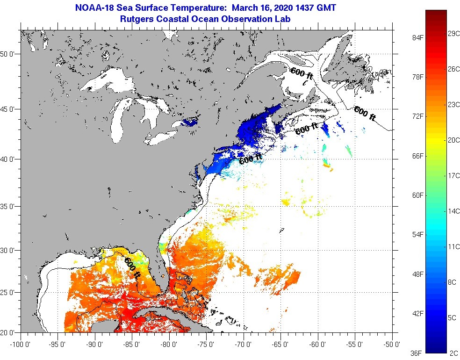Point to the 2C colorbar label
point(453,353)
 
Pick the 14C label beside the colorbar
point(453,211)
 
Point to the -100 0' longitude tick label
point(20,345)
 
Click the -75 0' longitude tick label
point(207,345)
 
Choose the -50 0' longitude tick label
point(392,345)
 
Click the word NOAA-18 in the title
point(93,8)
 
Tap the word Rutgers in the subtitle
point(135,19)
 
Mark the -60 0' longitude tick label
point(318,345)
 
